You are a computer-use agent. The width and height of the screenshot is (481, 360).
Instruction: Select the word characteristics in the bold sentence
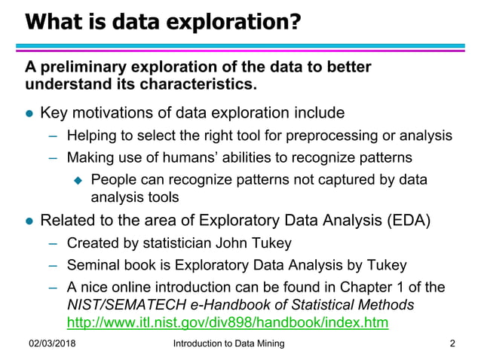click(201, 84)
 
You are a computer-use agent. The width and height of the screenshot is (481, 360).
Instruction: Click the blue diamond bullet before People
click(76, 181)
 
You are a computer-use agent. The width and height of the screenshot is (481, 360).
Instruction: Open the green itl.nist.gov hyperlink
click(228, 322)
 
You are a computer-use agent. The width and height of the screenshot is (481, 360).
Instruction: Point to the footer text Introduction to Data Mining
click(228, 345)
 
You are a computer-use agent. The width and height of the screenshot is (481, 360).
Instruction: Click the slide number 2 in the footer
click(452, 345)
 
